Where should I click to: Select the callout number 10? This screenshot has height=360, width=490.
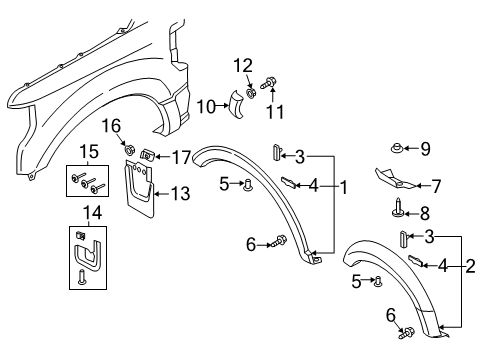click(x=205, y=106)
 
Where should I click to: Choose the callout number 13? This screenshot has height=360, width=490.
click(x=182, y=192)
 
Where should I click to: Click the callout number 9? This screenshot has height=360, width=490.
click(x=425, y=150)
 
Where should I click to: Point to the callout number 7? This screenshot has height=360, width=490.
click(x=434, y=184)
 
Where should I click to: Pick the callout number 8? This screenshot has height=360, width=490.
click(x=425, y=212)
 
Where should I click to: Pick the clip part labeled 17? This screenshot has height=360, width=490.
click(x=146, y=155)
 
